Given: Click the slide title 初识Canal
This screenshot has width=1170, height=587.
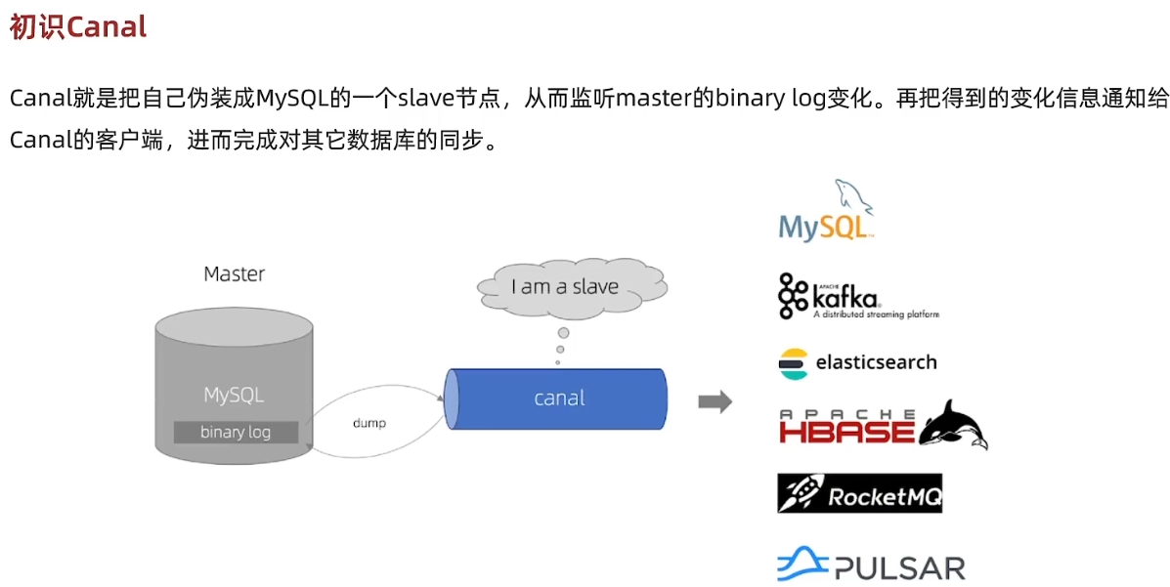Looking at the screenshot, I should pyautogui.click(x=78, y=26).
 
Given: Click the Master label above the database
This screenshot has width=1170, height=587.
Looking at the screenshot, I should pyautogui.click(x=234, y=273).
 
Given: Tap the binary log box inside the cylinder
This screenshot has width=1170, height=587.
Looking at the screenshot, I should pyautogui.click(x=236, y=432).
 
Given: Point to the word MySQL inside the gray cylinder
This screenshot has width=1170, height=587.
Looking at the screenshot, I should pyautogui.click(x=234, y=396).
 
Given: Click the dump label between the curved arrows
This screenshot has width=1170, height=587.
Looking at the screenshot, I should pyautogui.click(x=368, y=423).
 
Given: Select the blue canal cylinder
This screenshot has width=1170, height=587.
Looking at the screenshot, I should pyautogui.click(x=557, y=398).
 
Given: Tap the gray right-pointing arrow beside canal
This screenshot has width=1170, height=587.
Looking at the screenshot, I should pyautogui.click(x=715, y=401).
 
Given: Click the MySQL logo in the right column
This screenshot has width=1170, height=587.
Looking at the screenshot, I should pyautogui.click(x=825, y=212).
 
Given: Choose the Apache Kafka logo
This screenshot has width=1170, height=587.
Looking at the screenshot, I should pyautogui.click(x=856, y=296).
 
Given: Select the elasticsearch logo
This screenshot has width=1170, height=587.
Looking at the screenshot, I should pyautogui.click(x=857, y=362).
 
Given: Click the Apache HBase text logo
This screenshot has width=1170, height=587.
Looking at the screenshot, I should pyautogui.click(x=846, y=428).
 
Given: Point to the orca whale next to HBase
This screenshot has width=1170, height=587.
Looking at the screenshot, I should pyautogui.click(x=951, y=425).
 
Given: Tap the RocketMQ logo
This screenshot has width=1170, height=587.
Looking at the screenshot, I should pyautogui.click(x=859, y=494).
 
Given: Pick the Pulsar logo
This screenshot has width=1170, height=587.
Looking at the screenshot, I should pyautogui.click(x=870, y=566).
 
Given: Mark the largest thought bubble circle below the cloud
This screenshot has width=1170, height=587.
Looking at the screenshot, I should pyautogui.click(x=563, y=333).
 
